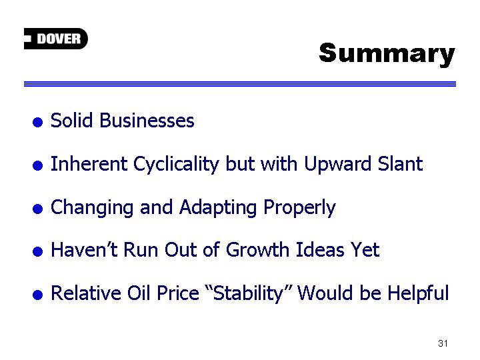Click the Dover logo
pos(56,39)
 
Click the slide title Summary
pos(387,54)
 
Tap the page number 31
pos(443,343)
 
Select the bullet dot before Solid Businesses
pos(37,122)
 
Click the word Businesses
pos(147,120)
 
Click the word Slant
pos(400,163)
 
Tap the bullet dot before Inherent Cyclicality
pos(37,165)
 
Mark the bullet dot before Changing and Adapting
pos(37,209)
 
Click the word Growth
pos(257,249)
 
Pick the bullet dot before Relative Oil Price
pos(37,295)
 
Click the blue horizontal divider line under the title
pos(240,84)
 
